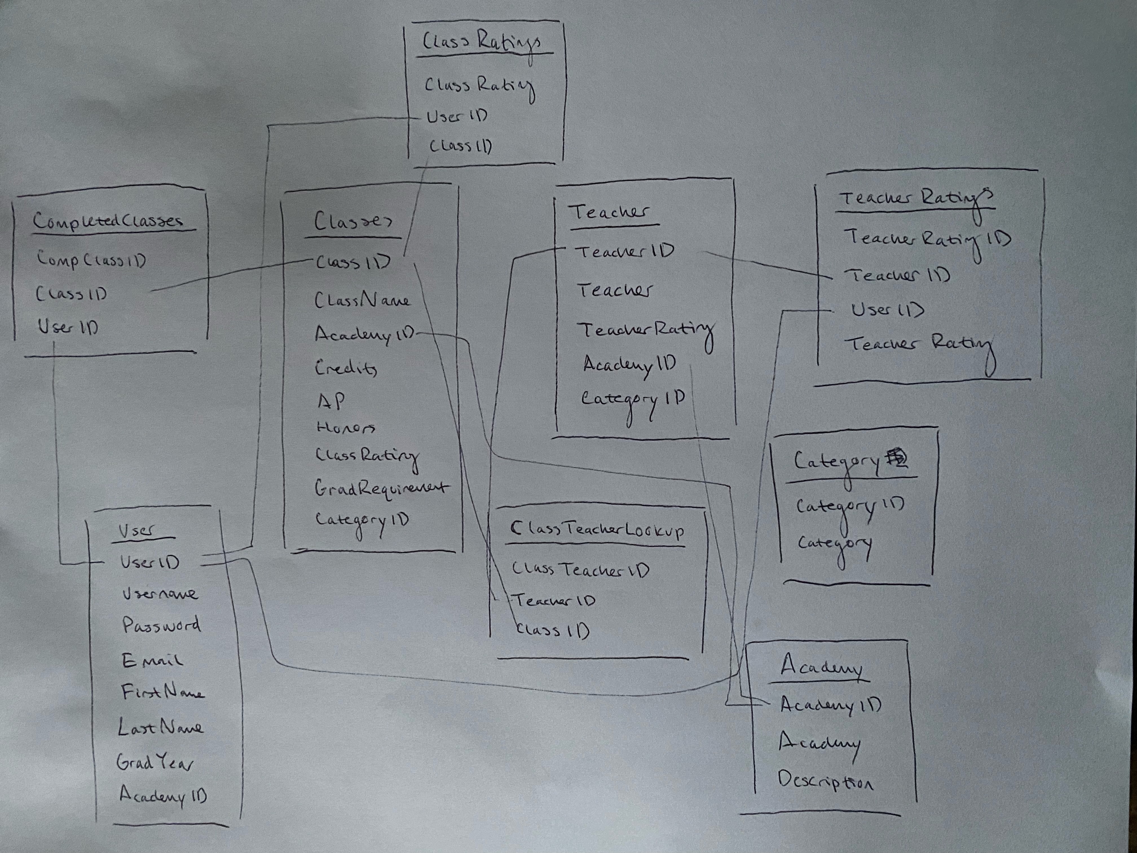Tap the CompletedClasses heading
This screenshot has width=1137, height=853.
(x=108, y=221)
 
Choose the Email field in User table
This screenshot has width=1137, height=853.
(x=152, y=660)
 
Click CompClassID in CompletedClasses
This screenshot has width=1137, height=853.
(x=91, y=260)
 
